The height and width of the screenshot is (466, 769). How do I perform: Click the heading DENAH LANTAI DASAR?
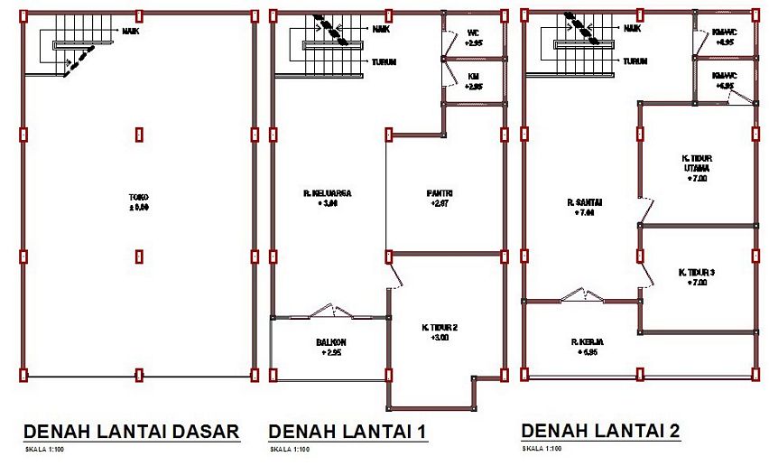(131, 431)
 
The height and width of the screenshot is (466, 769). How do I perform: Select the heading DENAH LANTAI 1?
(347, 432)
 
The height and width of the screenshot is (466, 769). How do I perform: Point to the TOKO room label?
(138, 197)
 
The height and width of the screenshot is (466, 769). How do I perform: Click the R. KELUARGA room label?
(327, 193)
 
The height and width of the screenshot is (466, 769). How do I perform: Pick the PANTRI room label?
(440, 193)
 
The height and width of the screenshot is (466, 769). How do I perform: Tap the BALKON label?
(331, 342)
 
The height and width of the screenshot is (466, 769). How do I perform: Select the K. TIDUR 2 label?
(440, 327)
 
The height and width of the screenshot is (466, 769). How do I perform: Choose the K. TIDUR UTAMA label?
(696, 163)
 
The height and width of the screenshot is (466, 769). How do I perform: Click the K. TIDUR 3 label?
(696, 272)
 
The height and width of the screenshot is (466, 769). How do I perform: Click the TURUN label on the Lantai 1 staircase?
(384, 62)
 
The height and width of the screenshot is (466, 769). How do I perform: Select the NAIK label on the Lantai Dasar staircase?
(131, 30)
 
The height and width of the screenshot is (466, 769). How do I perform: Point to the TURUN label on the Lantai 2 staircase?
(635, 61)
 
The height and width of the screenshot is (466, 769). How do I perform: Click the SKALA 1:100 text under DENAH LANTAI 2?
(542, 448)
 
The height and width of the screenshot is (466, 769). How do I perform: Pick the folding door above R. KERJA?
(583, 294)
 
